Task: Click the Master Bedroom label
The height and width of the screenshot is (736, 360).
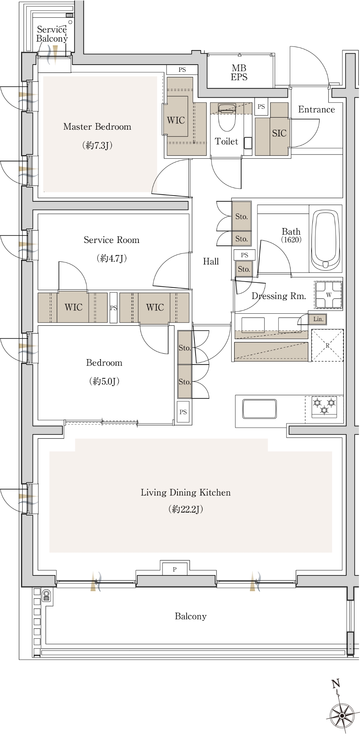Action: [x=97, y=127]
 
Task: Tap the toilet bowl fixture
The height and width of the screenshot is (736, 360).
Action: [x=226, y=118]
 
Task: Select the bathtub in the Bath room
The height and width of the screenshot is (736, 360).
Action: [x=326, y=240]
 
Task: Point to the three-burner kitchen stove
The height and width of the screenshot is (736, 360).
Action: [x=324, y=406]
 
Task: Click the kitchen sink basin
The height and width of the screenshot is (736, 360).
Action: [x=260, y=408]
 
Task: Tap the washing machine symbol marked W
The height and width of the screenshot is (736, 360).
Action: [x=328, y=294]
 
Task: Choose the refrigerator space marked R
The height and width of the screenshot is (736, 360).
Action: [x=327, y=345]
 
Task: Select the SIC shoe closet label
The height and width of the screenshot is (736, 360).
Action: [x=279, y=133]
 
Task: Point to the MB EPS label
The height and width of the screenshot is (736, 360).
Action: [x=239, y=72]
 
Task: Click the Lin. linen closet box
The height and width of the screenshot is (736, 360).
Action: [x=318, y=319]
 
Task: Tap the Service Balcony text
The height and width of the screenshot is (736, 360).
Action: [x=52, y=34]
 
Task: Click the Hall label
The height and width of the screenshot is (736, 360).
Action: [x=211, y=261]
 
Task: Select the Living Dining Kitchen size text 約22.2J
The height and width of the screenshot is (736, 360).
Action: [x=186, y=509]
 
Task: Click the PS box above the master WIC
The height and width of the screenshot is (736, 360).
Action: [x=182, y=70]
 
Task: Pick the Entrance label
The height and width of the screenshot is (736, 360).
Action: [x=316, y=109]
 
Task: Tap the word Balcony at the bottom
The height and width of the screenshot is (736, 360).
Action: [x=191, y=616]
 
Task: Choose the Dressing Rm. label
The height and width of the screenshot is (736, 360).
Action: [x=279, y=296]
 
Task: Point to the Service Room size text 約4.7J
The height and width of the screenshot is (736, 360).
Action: [x=112, y=258]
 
